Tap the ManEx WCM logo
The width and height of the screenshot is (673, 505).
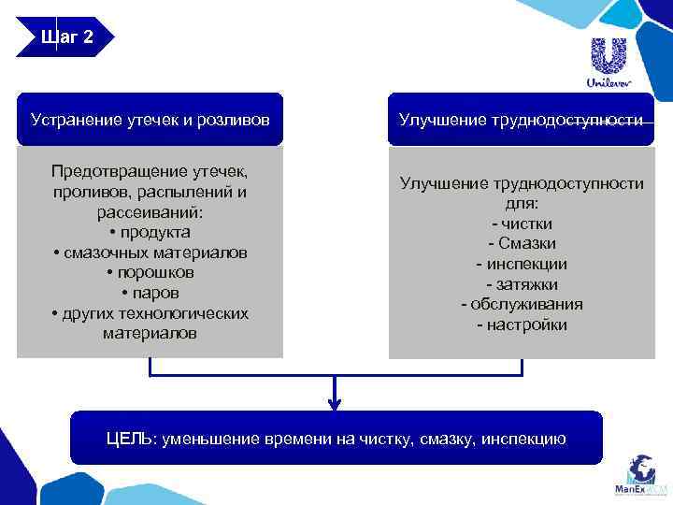pos(641,476)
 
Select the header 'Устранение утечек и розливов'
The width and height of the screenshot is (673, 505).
pos(150,120)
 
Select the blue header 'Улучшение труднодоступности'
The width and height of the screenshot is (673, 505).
pos(521,120)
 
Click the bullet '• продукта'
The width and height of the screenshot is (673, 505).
pos(150,232)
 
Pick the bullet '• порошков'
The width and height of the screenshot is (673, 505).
pos(150,272)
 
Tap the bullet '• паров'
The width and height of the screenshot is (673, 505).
pos(150,293)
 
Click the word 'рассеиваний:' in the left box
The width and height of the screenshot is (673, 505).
pos(150,212)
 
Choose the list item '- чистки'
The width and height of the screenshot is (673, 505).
pos(522,224)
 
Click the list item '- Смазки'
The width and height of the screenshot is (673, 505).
pos(522,243)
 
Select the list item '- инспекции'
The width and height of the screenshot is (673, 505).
pos(522,264)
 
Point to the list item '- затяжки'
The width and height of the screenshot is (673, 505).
pos(522,283)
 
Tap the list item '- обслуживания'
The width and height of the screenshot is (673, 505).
pos(522,304)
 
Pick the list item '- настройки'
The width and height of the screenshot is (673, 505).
pos(522,325)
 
